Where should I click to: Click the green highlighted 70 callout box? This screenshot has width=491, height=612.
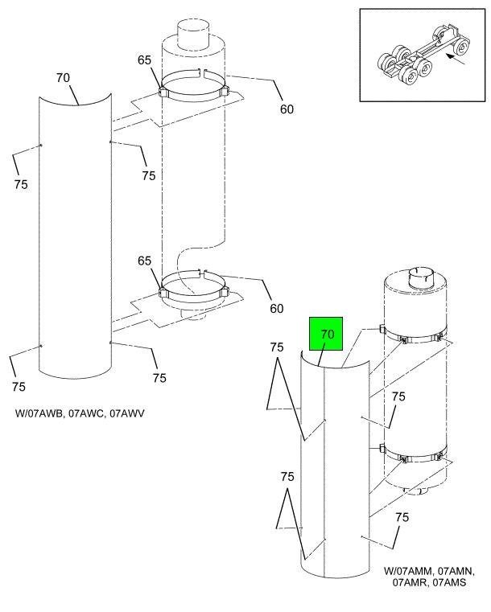326,334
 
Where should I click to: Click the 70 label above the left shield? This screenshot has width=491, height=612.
63,78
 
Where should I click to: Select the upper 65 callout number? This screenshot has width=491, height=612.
144,60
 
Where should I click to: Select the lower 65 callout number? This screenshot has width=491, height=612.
145,261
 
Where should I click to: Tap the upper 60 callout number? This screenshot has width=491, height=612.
287,109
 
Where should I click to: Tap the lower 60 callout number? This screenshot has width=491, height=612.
277,309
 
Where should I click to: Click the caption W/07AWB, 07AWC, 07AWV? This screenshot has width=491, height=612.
80,413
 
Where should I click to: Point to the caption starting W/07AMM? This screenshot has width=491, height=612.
429,577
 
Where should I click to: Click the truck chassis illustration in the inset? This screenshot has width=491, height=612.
423,55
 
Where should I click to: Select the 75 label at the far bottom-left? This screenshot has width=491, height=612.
19,387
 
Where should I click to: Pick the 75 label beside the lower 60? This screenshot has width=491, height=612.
159,378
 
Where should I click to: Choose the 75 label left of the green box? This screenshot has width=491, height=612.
277,347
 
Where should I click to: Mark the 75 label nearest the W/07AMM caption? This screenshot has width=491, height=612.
402,517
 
